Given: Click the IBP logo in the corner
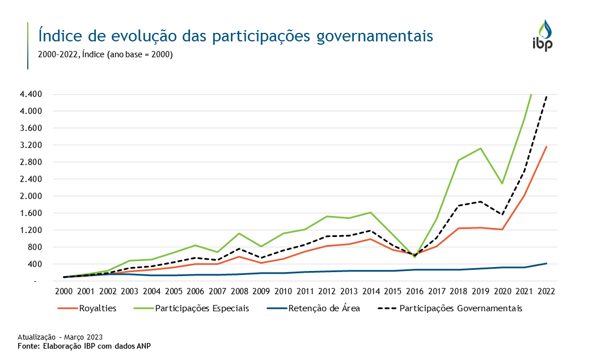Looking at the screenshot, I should click(546, 35).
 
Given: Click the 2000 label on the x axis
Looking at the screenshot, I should click(64, 291).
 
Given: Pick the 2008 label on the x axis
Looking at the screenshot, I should click(239, 291).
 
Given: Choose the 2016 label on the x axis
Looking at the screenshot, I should click(415, 291).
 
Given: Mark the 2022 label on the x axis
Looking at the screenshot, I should click(546, 291).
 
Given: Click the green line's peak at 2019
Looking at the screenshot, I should click(480, 149).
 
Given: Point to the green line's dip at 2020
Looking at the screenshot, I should click(502, 184).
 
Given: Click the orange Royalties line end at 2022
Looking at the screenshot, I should click(546, 147).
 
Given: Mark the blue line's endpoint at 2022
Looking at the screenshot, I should click(546, 264).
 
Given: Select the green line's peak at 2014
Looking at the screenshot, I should click(370, 213).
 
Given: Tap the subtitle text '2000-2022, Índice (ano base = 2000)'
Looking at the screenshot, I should click(105, 55).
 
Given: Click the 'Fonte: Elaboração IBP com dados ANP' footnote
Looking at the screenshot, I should click(84, 346).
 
